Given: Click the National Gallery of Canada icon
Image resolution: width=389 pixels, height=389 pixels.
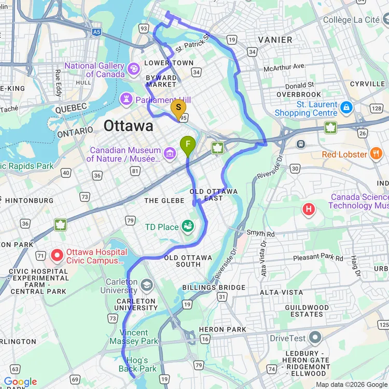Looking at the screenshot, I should pos(133,68).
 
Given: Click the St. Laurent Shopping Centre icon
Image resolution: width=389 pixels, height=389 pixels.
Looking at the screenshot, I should pos(346,108).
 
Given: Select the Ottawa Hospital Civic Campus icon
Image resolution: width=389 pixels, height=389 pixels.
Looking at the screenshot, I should pos(57,255).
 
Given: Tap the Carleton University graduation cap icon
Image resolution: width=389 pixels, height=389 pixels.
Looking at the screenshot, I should pos(147,285).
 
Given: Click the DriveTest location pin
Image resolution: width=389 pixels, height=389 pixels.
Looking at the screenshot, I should pos(315,338).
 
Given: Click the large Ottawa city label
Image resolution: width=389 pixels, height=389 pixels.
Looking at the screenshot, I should pos(128,126).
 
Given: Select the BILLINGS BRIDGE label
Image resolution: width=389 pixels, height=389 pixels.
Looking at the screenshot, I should pos(214,287).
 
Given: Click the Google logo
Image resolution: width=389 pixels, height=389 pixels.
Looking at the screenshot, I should pos(21,382).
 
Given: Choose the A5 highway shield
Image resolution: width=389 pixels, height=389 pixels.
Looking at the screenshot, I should pos(97,32).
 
